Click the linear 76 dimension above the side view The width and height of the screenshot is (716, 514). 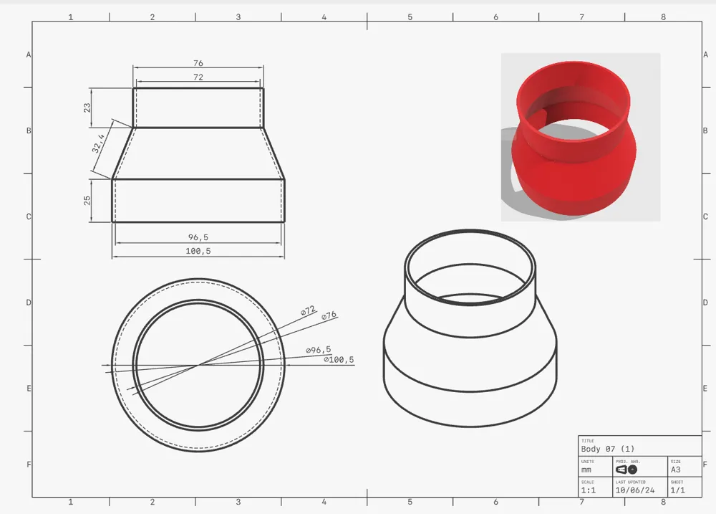pyautogui.click(x=198, y=63)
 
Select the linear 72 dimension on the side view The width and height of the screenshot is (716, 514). pyautogui.click(x=198, y=77)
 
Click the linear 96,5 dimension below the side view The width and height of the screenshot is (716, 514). pyautogui.click(x=198, y=237)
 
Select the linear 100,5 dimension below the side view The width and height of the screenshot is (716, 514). pyautogui.click(x=198, y=251)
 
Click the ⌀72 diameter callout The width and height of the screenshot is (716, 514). pyautogui.click(x=308, y=311)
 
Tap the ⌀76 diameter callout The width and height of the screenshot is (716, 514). pyautogui.click(x=329, y=315)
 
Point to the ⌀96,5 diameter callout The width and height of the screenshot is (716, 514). pyautogui.click(x=318, y=349)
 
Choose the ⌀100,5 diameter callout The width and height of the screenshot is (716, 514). pyautogui.click(x=339, y=359)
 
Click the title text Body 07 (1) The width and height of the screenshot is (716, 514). pyautogui.click(x=607, y=449)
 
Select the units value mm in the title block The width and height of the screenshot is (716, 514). pyautogui.click(x=586, y=470)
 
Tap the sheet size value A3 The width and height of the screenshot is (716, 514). pyautogui.click(x=675, y=470)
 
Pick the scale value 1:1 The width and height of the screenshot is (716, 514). pyautogui.click(x=588, y=490)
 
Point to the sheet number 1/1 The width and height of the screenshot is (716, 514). pyautogui.click(x=677, y=490)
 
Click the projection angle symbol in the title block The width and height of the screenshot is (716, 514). pyautogui.click(x=626, y=470)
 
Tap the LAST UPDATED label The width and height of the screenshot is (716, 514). pyautogui.click(x=630, y=482)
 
